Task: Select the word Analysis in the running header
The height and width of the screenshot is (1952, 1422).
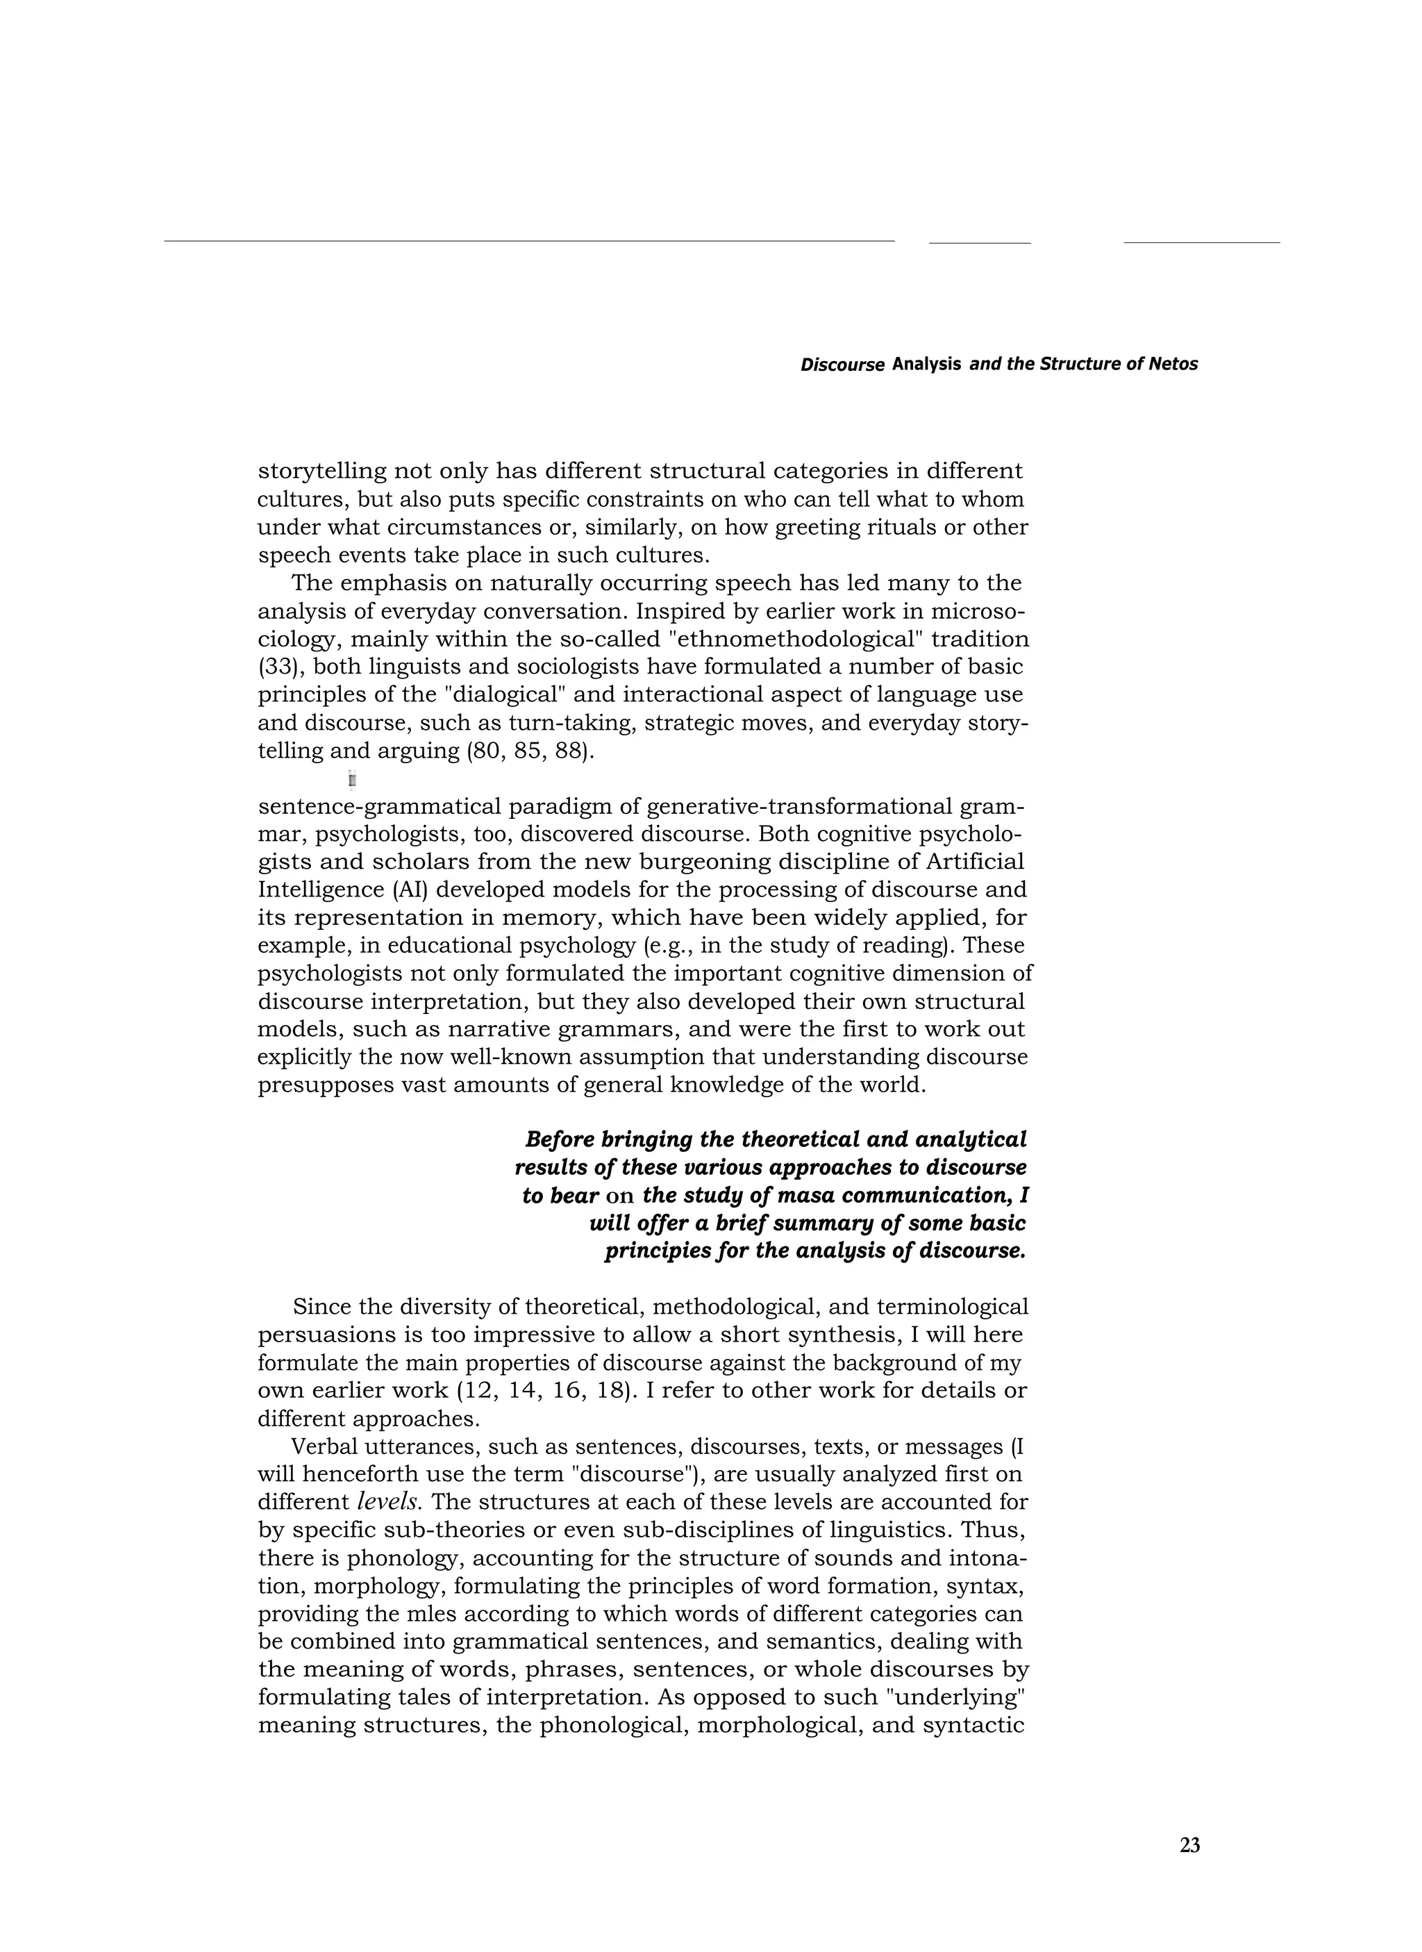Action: pos(926,364)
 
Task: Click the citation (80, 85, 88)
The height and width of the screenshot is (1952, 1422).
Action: pos(530,751)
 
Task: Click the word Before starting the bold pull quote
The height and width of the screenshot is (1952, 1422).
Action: pos(560,1140)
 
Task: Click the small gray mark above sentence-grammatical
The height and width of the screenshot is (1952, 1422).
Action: pos(352,780)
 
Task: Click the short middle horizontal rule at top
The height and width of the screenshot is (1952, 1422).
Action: pos(980,243)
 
